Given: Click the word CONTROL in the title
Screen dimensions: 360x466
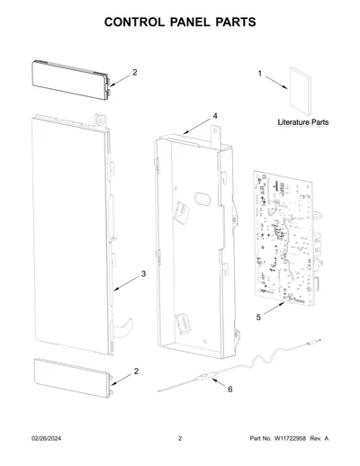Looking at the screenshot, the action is click(x=134, y=22).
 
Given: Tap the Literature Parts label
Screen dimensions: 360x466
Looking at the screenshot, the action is click(x=303, y=122).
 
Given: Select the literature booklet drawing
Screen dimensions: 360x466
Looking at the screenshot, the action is click(x=301, y=91).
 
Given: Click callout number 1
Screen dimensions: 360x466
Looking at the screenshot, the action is click(x=260, y=74).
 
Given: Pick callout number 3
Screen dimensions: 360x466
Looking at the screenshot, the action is click(x=143, y=273).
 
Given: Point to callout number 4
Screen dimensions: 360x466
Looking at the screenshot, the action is click(x=215, y=116).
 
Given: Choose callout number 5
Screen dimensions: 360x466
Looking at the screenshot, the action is click(x=258, y=317).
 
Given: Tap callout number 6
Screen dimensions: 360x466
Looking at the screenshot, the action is click(x=230, y=390).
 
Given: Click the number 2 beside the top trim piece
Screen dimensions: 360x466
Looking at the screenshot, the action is click(x=135, y=72).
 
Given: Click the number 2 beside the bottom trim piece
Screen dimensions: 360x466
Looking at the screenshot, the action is click(x=136, y=372).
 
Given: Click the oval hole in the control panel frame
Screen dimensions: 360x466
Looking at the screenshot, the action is click(x=202, y=199).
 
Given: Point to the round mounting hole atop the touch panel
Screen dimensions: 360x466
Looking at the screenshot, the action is click(x=100, y=121).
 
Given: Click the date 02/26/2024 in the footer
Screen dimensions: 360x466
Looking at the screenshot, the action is click(x=46, y=438).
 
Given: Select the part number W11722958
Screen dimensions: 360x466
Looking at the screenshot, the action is click(x=290, y=438).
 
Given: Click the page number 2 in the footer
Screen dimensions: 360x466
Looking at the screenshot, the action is click(x=180, y=438).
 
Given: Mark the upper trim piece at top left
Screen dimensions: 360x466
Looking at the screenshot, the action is click(x=71, y=80).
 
